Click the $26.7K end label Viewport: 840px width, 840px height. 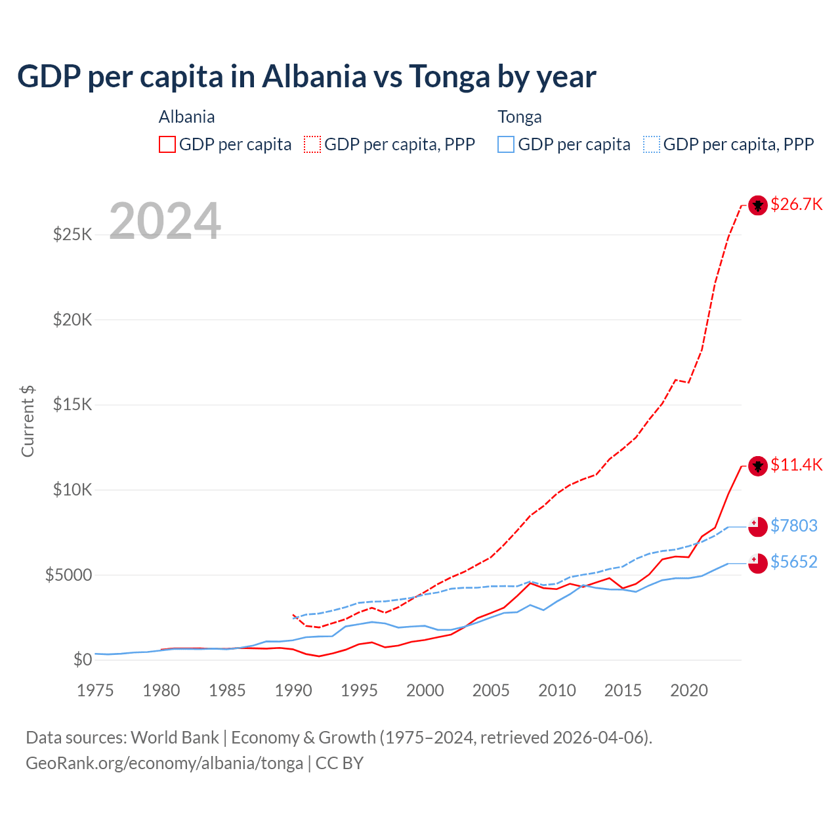point(796,204)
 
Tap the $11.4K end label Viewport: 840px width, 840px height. point(796,465)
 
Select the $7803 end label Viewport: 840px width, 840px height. point(794,526)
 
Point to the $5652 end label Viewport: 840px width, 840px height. point(794,562)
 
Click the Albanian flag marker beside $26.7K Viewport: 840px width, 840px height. point(758,205)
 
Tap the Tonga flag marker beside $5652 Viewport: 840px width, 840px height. point(758,563)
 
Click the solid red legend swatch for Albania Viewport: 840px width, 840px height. point(167,144)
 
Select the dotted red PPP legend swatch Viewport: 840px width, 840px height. point(312,144)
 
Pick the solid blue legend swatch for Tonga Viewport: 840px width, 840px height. point(506,144)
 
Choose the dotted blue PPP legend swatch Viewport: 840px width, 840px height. point(652,144)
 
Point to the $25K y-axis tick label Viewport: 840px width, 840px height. point(73,234)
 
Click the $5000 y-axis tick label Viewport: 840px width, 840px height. point(68,575)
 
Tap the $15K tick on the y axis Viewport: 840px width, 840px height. point(73,404)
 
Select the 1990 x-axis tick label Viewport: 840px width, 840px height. point(293,690)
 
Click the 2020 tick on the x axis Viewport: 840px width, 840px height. point(689,690)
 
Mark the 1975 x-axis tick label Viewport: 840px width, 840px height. point(95,690)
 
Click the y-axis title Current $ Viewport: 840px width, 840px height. point(28,421)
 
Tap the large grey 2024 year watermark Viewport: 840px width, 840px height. point(165,221)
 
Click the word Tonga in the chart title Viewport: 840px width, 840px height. point(450,76)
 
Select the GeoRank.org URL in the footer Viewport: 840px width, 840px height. point(164,763)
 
